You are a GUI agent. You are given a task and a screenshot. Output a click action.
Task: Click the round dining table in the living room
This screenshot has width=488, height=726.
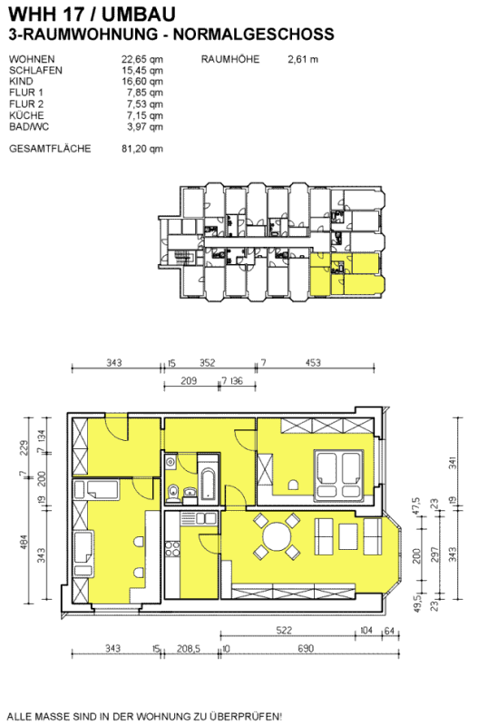278,536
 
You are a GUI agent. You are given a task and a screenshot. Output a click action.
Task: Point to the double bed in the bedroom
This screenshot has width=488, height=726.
337,476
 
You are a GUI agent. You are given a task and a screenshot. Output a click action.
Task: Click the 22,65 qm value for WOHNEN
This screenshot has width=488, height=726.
142,59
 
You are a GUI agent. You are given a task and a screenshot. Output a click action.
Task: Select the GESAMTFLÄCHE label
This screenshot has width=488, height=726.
50,149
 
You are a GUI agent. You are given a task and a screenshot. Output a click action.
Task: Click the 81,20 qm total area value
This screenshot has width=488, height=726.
142,149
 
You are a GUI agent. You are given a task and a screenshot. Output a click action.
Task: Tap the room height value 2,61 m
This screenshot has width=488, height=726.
303,59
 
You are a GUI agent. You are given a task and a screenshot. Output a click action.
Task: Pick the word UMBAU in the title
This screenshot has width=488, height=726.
139,15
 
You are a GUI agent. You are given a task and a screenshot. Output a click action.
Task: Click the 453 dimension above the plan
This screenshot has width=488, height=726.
313,362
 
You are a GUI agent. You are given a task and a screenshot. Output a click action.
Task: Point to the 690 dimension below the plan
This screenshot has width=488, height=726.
306,648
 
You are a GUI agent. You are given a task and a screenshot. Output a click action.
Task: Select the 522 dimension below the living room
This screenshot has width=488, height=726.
284,630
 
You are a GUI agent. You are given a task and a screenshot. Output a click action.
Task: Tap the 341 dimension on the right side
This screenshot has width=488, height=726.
453,463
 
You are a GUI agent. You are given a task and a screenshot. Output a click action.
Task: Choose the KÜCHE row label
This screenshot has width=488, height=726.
26,115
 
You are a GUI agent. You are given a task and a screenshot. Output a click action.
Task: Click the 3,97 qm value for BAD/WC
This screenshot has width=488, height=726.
145,127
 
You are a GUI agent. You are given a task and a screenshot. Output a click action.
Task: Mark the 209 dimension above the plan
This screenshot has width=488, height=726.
188,380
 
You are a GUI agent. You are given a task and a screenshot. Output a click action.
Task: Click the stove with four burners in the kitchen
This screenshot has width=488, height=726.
172,549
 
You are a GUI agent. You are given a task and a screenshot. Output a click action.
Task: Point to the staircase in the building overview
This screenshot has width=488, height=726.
181,257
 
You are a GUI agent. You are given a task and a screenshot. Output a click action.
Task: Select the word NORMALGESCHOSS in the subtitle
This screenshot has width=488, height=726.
254,34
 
